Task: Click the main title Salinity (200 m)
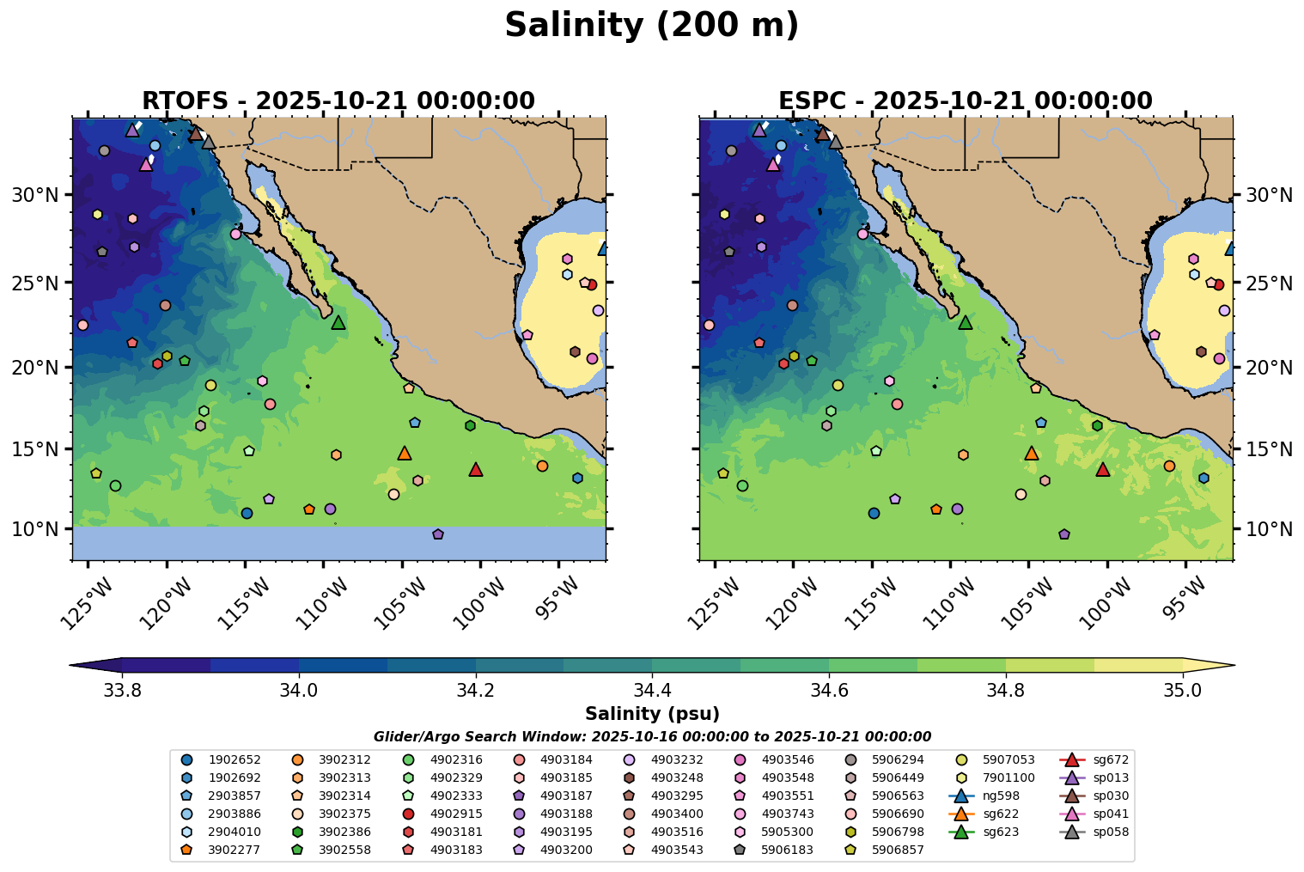(651, 26)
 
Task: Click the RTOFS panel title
(338, 101)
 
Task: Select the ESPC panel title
(965, 101)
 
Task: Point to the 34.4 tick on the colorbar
(652, 690)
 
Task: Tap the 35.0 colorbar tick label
(1182, 690)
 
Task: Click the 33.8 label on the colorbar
(121, 690)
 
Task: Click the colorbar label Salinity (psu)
(652, 714)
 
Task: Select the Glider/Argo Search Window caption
(652, 737)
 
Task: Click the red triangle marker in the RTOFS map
(476, 469)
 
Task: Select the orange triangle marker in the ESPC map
(1032, 453)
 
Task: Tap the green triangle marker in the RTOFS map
(338, 322)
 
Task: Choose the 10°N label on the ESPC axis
(1269, 529)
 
